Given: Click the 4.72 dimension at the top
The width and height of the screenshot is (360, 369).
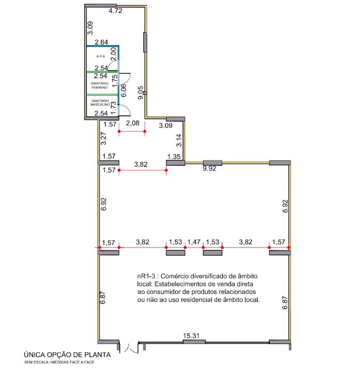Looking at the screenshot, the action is (115, 11).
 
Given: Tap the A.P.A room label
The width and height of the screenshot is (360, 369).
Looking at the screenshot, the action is (100, 56).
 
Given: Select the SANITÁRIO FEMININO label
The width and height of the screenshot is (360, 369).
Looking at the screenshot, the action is (99, 85).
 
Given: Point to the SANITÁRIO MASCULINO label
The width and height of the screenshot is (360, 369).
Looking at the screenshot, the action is (100, 102).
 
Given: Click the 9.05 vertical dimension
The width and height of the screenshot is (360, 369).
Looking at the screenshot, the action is (140, 93).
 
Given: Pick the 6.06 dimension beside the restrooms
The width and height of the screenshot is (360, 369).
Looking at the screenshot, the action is (123, 91).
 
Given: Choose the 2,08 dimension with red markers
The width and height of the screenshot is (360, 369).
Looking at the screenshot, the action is (133, 123).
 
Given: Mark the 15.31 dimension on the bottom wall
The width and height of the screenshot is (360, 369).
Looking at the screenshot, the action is (191, 336).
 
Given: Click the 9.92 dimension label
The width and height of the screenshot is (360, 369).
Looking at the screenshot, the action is (209, 169).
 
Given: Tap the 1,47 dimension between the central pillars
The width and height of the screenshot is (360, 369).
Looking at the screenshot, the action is (194, 242).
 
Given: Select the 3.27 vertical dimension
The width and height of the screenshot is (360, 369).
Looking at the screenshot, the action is (104, 138).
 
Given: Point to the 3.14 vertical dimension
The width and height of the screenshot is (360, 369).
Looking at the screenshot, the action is (179, 140).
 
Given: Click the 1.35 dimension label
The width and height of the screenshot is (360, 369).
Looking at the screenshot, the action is (174, 157).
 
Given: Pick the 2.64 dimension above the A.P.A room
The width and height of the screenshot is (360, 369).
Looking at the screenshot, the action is (102, 42).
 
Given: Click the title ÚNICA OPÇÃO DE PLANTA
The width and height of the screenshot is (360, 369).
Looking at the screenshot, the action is (67, 355).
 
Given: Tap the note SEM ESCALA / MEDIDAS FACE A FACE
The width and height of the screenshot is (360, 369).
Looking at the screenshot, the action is (60, 362).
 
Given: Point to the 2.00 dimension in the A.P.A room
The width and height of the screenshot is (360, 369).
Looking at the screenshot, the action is (113, 54).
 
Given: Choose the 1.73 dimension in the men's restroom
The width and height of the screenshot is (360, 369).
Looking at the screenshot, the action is (113, 108).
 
